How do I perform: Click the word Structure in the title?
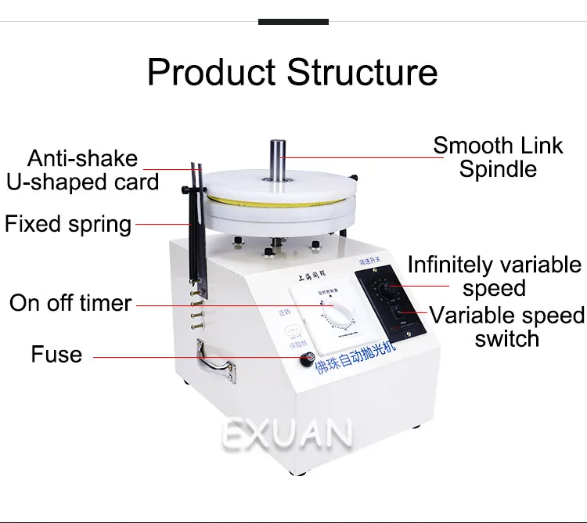[x=363, y=72]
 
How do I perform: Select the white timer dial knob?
[x=333, y=316]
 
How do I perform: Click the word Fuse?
[x=56, y=355]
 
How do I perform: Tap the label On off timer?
[x=70, y=303]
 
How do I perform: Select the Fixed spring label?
[x=68, y=225]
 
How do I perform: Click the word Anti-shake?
[x=82, y=159]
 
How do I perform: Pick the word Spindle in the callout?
[x=498, y=169]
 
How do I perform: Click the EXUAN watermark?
[x=287, y=434]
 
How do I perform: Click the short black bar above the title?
[x=293, y=22]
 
